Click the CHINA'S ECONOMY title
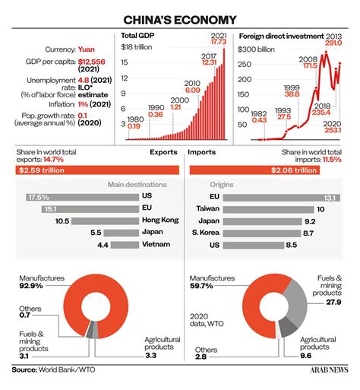click(180, 18)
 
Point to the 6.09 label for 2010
click(191, 90)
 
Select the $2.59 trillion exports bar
click(96, 170)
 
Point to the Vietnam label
click(154, 246)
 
